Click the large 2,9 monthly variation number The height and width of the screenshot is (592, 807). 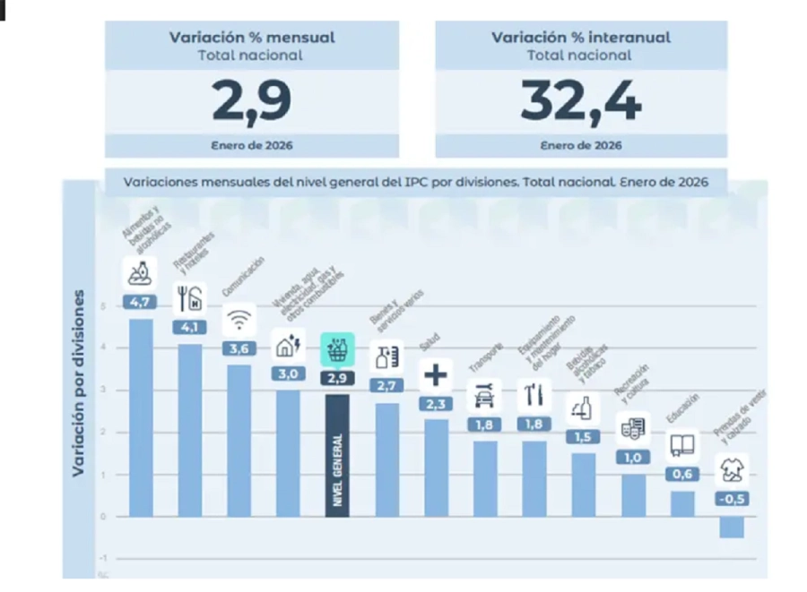pyautogui.click(x=252, y=100)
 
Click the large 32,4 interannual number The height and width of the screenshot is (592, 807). pyautogui.click(x=581, y=100)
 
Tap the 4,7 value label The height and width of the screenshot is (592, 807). pyautogui.click(x=140, y=303)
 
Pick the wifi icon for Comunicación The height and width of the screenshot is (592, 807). pyautogui.click(x=239, y=320)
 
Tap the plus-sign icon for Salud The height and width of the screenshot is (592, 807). pyautogui.click(x=436, y=374)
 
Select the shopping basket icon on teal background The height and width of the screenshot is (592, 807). pyautogui.click(x=337, y=349)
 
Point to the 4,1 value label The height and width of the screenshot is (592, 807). pyautogui.click(x=189, y=328)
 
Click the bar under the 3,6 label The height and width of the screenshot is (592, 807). pyautogui.click(x=239, y=439)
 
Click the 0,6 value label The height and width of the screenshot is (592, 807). pyautogui.click(x=682, y=474)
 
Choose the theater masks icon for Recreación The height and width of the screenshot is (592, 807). pyautogui.click(x=633, y=428)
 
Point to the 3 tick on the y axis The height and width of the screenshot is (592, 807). pyautogui.click(x=104, y=390)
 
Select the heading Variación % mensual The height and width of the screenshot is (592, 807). pyautogui.click(x=252, y=38)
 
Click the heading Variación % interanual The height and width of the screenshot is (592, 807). pyautogui.click(x=581, y=38)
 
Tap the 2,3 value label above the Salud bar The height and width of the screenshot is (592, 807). pyautogui.click(x=436, y=404)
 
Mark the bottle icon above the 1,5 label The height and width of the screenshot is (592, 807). pyautogui.click(x=583, y=408)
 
